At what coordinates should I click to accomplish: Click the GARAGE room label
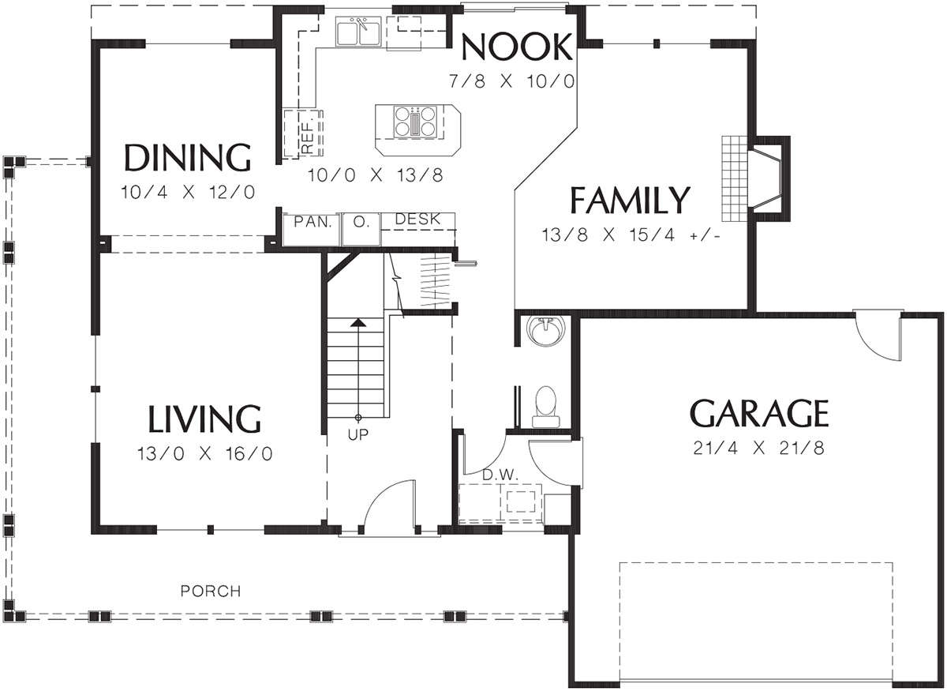pos(759,412)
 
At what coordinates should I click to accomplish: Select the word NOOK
pos(517,47)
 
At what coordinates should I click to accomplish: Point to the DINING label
pos(188,157)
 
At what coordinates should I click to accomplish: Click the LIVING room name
pos(204,419)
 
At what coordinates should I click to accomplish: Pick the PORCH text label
pos(211,591)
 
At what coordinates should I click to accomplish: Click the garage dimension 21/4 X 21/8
pos(759,448)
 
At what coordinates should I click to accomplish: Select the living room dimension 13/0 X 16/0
pos(204,454)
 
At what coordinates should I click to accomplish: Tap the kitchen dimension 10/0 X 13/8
pos(376,175)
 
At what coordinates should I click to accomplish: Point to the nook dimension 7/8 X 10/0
pos(511,81)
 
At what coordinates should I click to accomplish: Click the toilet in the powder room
pos(545,406)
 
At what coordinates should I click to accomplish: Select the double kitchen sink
pos(358,32)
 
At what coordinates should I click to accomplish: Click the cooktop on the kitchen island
pos(415,122)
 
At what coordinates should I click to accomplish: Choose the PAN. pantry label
pos(313,222)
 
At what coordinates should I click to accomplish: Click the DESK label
pos(417,220)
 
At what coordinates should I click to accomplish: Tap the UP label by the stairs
pos(358,434)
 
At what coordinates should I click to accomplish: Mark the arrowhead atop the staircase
pos(358,322)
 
